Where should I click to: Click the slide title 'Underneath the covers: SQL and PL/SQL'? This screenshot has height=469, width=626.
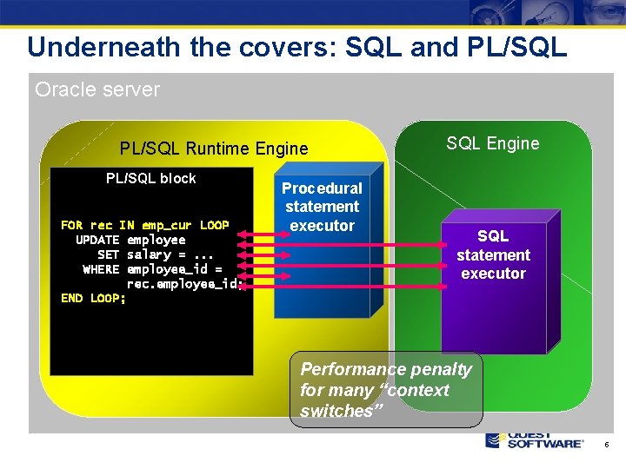click(296, 46)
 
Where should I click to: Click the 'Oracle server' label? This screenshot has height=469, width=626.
click(97, 89)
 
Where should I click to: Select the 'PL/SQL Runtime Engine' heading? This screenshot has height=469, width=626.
click(214, 149)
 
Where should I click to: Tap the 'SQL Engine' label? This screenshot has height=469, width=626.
click(492, 143)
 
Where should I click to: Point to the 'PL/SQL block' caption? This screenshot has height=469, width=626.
click(150, 178)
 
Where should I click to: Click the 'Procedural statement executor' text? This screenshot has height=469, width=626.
click(322, 207)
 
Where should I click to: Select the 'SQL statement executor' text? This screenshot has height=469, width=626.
click(493, 254)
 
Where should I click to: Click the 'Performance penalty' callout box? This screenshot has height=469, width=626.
click(386, 390)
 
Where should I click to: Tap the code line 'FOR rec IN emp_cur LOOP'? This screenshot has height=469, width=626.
click(145, 225)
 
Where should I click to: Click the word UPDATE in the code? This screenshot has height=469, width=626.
click(97, 240)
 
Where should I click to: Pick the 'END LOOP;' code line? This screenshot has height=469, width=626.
click(93, 298)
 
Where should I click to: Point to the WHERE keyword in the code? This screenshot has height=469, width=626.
click(101, 269)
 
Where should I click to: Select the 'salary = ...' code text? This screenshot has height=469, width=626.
click(170, 254)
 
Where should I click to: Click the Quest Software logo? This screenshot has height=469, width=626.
click(534, 439)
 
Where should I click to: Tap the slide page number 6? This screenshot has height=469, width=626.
click(606, 445)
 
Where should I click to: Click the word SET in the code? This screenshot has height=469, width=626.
click(109, 254)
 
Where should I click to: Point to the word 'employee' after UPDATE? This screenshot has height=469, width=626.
click(156, 240)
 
